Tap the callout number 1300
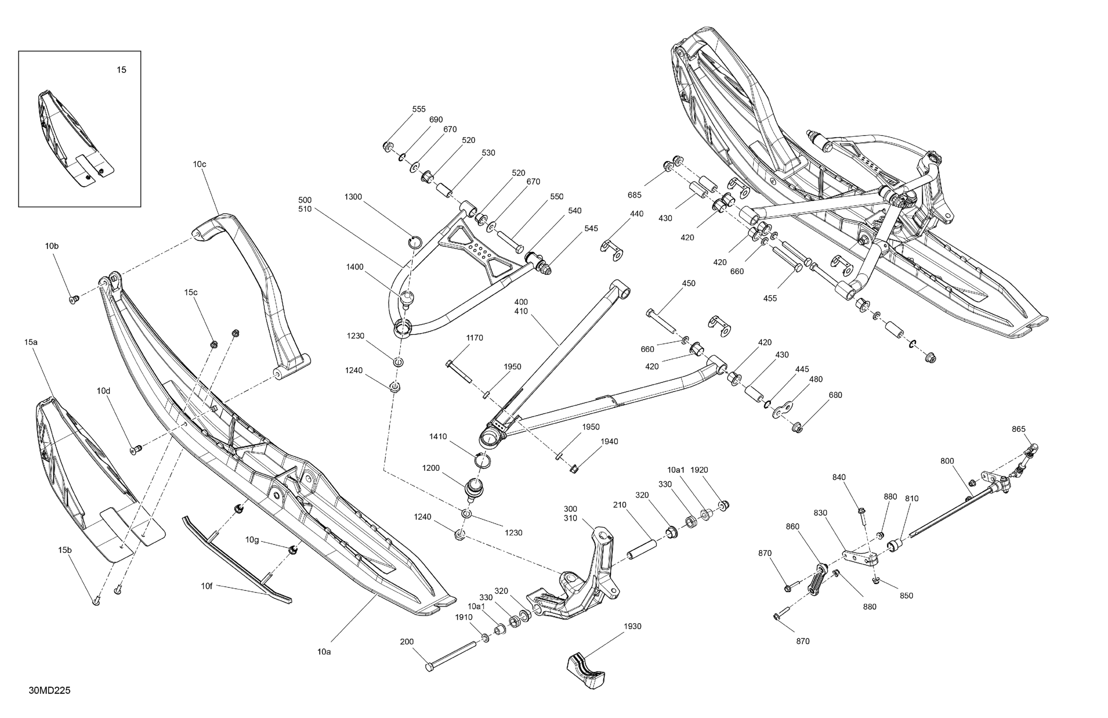[x=353, y=197]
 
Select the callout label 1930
[x=633, y=626]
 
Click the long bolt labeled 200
[x=450, y=656]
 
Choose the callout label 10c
[x=199, y=164]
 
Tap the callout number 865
[x=1018, y=429]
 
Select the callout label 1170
[x=475, y=338]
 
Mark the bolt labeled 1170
[x=458, y=372]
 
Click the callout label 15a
[x=31, y=342]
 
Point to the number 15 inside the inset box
[x=121, y=70]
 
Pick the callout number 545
[x=591, y=228]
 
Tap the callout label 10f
[x=207, y=586]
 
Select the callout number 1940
[x=609, y=442]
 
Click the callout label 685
[x=634, y=195]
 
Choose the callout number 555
[x=418, y=109]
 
